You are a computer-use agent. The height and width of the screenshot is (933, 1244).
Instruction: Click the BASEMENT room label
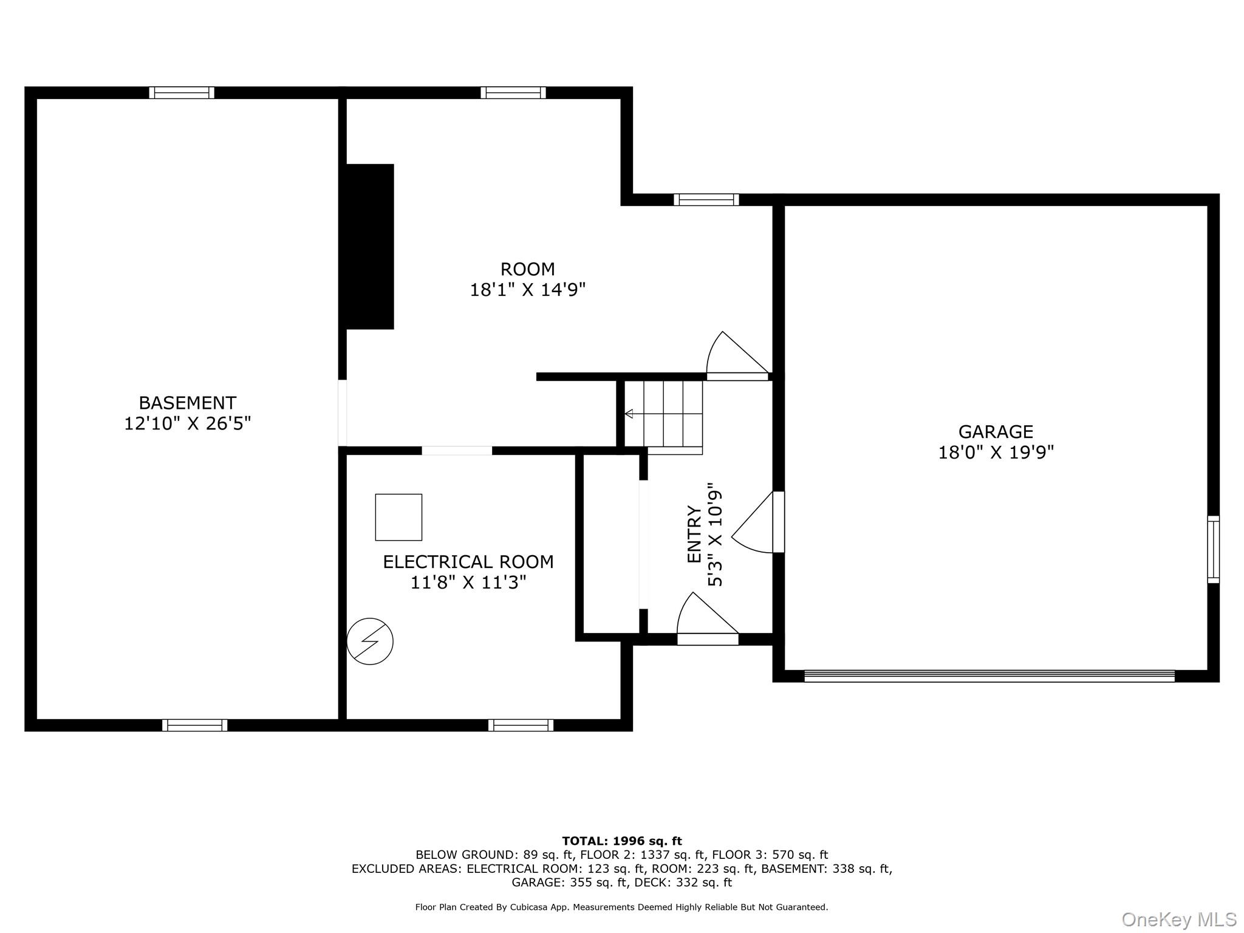coord(187,403)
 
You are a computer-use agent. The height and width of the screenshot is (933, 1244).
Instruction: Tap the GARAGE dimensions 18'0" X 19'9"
coord(996,453)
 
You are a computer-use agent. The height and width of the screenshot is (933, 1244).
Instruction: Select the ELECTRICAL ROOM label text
coord(468,562)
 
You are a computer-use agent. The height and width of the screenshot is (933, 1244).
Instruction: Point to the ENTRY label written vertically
coord(694,535)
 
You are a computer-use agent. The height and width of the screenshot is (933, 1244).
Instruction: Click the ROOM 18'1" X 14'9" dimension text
coord(527,290)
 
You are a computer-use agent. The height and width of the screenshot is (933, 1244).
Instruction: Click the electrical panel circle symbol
coord(370,641)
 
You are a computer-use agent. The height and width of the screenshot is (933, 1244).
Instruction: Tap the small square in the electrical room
coord(398,518)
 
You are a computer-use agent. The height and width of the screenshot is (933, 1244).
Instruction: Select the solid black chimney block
coord(370,247)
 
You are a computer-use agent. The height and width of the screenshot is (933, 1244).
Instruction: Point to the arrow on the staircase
coord(629,414)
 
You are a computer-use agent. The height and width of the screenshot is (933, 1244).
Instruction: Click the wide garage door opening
coord(989,676)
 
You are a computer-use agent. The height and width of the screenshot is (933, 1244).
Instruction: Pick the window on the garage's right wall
coord(1212,550)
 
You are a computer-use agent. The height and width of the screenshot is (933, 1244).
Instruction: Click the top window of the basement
coord(182,93)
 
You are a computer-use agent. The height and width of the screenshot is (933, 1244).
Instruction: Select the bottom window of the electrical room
coord(521,725)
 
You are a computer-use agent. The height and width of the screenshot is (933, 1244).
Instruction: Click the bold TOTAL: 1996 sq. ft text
coord(621,841)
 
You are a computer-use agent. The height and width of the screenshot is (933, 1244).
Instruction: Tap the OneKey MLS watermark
coord(1178,920)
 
